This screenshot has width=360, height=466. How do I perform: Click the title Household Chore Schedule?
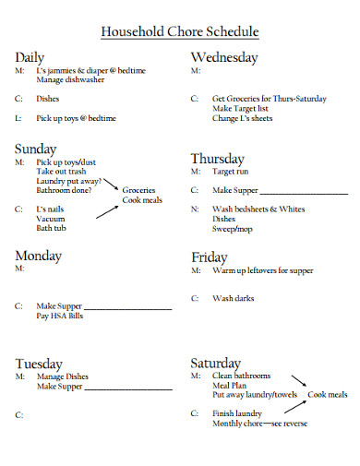179,32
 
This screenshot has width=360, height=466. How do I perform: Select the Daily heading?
30,58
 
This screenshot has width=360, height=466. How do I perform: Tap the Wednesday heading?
224,57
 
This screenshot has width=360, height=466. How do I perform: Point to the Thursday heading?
219,158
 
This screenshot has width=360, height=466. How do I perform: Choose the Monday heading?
38,255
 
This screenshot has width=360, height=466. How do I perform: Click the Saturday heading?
215,363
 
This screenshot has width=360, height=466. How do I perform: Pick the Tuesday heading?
39,364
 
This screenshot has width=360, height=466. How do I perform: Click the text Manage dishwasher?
70,80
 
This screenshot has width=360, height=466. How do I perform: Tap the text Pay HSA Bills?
60,317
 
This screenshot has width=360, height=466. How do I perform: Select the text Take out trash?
61,172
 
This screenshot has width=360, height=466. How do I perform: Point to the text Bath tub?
51,228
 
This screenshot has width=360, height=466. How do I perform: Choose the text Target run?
231,172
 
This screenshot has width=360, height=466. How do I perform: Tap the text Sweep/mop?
232,229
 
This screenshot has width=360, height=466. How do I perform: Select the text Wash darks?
233,299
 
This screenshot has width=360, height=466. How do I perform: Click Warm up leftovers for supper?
262,271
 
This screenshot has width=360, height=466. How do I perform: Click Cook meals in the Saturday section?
328,395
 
